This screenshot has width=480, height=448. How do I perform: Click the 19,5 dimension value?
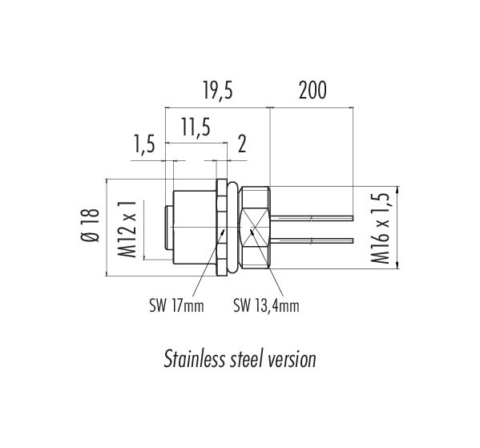[218, 91]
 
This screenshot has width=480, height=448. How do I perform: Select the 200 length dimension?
[313, 91]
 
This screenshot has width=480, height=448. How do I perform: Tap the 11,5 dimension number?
[196, 127]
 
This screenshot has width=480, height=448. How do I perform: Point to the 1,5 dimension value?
[144, 143]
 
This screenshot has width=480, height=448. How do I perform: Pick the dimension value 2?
[242, 144]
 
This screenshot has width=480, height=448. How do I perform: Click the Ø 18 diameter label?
[91, 225]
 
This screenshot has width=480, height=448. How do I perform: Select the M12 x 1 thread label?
[127, 229]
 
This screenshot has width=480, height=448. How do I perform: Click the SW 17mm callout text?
[176, 305]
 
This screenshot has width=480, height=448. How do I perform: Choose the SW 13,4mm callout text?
[266, 305]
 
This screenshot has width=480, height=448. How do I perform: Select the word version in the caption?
[292, 360]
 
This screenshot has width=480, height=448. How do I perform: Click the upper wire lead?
[312, 218]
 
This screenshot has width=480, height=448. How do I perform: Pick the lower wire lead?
[312, 240]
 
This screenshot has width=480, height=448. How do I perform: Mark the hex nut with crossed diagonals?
[255, 228]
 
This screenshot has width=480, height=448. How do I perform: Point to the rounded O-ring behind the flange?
[233, 228]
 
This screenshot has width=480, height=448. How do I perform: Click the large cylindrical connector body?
[195, 227]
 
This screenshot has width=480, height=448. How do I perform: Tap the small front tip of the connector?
[169, 228]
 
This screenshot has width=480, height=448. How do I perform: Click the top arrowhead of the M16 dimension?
[397, 189]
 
